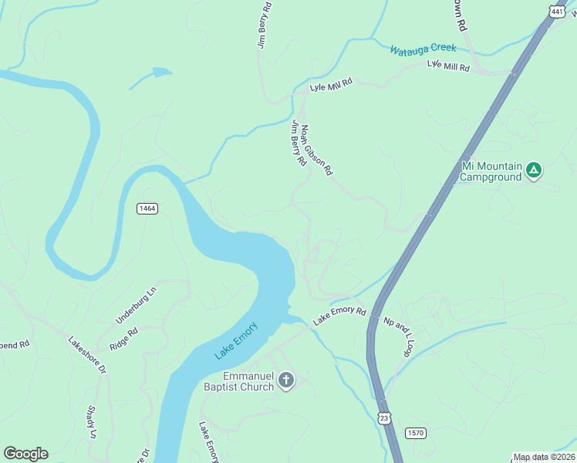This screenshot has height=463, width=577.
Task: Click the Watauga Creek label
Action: tap(423, 50)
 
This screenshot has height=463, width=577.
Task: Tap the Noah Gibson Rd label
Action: tap(316, 150)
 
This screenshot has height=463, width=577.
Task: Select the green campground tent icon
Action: tap(534, 171)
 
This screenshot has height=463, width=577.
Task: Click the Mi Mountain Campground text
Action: tap(491, 171)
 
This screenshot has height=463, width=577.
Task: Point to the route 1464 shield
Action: tap(147, 208)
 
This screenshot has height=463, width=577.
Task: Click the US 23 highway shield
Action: tap(384, 417)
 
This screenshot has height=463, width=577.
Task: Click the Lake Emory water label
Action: tap(236, 340)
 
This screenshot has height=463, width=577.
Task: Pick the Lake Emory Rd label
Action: tap(339, 315)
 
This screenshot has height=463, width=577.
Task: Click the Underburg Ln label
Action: tap(135, 305)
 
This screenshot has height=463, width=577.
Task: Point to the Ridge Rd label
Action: tap(123, 340)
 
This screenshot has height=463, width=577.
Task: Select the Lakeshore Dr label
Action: tap(86, 355)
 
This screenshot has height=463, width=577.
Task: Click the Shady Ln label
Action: tap(91, 422)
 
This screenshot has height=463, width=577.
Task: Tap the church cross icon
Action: tap(285, 380)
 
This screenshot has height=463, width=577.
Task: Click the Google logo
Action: tap(25, 453)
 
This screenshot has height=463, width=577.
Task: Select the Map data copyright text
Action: tap(545, 457)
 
